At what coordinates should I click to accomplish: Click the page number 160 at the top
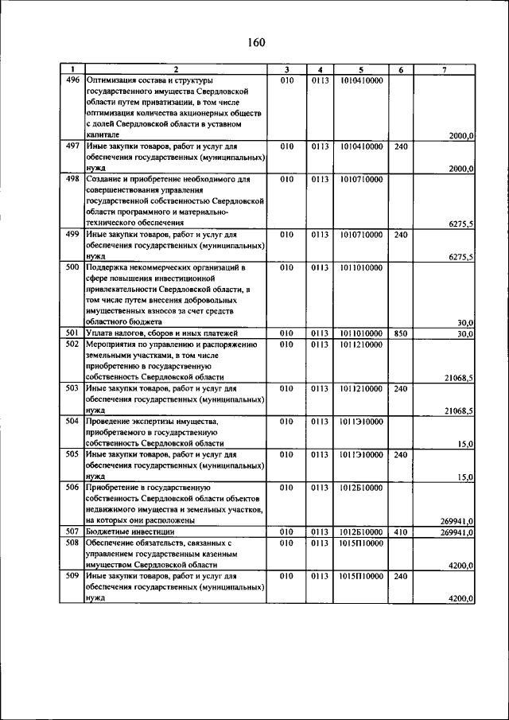(x=254, y=42)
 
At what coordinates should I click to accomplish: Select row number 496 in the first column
(x=73, y=80)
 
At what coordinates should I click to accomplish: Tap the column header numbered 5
(x=361, y=70)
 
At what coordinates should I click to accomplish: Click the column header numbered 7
(x=444, y=70)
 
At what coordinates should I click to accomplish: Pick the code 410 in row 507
(x=401, y=531)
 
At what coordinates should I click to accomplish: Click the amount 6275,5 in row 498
(x=461, y=224)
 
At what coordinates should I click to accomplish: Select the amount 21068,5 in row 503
(x=459, y=411)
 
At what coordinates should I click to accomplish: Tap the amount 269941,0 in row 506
(x=457, y=521)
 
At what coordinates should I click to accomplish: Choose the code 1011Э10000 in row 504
(x=361, y=422)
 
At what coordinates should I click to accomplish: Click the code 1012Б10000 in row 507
(x=361, y=531)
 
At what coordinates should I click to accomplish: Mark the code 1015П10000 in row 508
(x=361, y=543)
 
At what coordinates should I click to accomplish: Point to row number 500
(x=73, y=268)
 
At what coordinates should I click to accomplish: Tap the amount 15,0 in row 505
(x=466, y=477)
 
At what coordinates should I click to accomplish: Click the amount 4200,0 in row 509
(x=461, y=598)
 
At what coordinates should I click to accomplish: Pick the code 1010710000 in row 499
(x=361, y=235)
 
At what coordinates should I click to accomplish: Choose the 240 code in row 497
(x=401, y=146)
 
